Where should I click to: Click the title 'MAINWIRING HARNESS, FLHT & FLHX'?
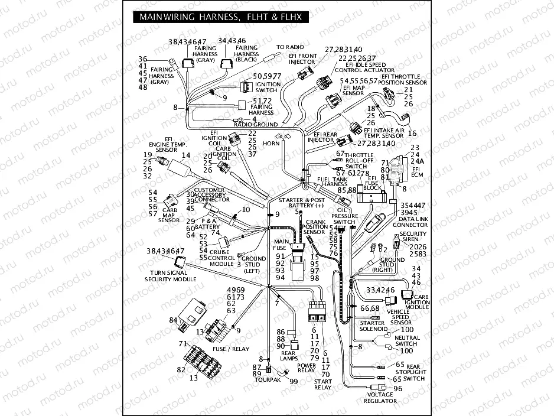(220, 18)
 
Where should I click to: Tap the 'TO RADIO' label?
(290, 47)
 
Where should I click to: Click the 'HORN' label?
(272, 144)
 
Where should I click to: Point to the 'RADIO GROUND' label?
(256, 125)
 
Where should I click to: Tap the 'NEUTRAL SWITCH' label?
(406, 340)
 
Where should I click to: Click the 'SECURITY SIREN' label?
(413, 237)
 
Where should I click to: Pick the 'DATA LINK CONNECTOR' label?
(410, 222)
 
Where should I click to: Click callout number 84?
(173, 320)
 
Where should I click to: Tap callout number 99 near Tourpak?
(294, 381)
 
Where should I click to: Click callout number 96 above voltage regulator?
(397, 388)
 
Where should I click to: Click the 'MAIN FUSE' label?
(280, 245)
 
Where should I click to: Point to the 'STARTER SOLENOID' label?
(373, 326)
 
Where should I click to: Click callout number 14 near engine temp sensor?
(186, 155)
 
